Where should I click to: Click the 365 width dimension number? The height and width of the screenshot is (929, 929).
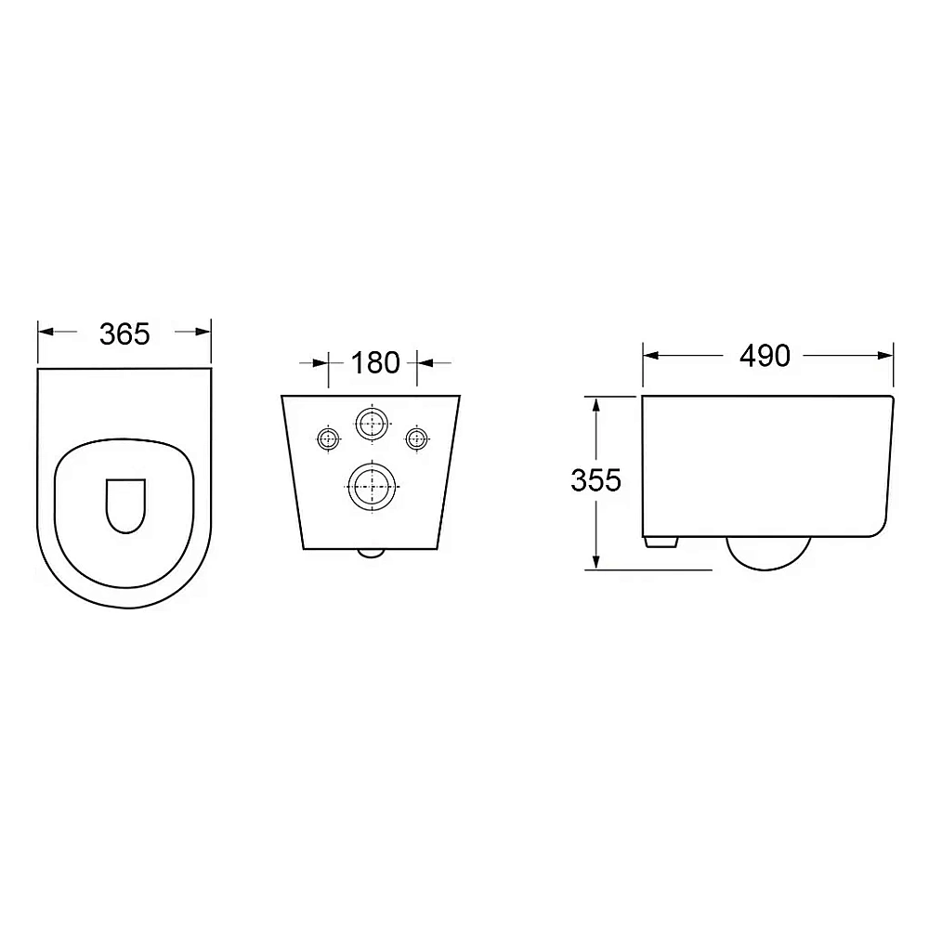(124, 334)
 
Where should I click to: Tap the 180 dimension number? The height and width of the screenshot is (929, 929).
(375, 362)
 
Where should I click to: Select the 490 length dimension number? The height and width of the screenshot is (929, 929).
(765, 356)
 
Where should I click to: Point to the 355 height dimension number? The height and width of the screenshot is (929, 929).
(595, 480)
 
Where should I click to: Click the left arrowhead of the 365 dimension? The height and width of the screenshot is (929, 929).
(46, 332)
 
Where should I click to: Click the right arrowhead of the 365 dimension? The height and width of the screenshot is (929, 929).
(203, 332)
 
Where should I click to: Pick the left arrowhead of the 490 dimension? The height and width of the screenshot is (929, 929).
(651, 356)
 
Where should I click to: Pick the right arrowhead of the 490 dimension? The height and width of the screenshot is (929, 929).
(885, 356)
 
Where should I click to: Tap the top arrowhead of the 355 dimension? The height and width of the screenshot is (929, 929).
(596, 405)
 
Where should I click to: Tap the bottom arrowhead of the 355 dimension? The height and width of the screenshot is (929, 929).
(596, 561)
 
